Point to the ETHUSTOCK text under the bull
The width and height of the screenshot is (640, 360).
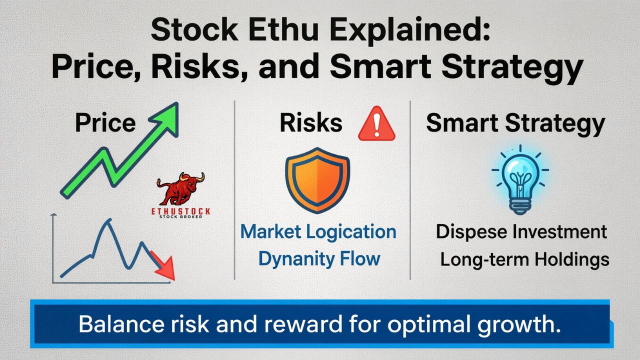pyautogui.click(x=181, y=211)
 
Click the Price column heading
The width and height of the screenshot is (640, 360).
pyautogui.click(x=105, y=123)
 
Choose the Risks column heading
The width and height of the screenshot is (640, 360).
pyautogui.click(x=311, y=123)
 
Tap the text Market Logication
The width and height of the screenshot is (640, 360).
pyautogui.click(x=318, y=232)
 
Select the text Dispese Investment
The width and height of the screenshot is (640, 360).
pyautogui.click(x=521, y=232)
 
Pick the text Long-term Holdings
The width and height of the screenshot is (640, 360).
pyautogui.click(x=524, y=259)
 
